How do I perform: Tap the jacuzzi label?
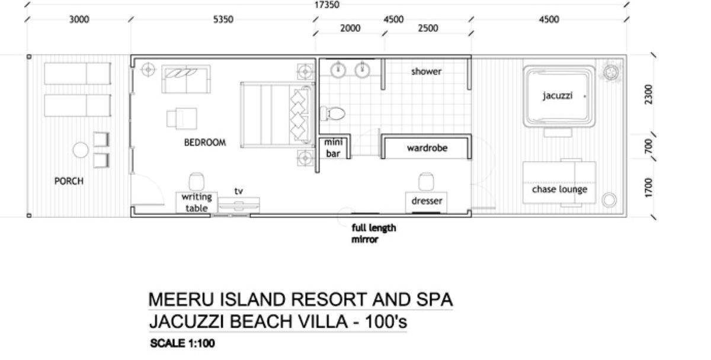pos(558,95)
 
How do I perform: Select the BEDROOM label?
pos(205,143)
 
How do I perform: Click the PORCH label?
pos(69,181)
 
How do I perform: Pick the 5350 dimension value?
pos(223,20)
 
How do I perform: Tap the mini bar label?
pos(332,148)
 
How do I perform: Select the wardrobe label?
pos(427,148)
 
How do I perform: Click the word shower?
pos(427,72)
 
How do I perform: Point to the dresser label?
pos(427,201)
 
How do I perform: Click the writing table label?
pos(196,202)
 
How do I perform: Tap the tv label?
pos(239,191)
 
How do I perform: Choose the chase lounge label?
pos(559,189)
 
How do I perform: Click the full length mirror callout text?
pos(373,234)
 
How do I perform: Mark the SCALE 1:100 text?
pos(182,344)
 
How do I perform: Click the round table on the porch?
pos(81,150)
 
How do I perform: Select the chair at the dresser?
pos(426,181)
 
